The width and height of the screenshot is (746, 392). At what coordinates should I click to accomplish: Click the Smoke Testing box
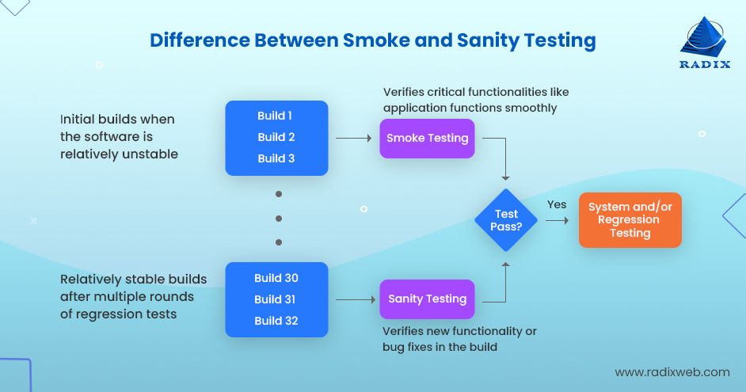point(427,138)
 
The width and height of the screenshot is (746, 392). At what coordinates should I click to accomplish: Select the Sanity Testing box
point(427,299)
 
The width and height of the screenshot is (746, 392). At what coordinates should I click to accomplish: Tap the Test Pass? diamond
point(506,220)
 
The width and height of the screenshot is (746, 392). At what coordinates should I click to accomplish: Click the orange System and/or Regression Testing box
point(630,220)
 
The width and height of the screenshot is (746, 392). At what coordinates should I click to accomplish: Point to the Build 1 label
point(275,116)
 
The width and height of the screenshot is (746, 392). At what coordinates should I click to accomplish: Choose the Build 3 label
point(276,158)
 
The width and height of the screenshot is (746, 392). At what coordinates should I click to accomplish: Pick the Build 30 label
point(276,278)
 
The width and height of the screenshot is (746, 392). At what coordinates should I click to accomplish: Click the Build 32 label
point(276,321)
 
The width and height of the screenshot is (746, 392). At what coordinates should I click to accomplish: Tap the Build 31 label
point(275,299)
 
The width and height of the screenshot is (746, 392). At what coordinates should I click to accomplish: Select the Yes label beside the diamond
point(557,204)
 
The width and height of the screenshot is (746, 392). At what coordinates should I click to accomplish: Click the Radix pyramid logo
point(704,36)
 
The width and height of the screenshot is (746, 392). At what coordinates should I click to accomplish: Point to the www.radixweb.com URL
point(672,372)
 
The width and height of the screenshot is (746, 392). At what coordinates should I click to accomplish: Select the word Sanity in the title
point(488,41)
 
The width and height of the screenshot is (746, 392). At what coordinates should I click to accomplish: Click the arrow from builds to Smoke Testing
point(353,138)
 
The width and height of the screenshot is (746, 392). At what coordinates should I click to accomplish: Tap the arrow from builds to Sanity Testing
point(356,299)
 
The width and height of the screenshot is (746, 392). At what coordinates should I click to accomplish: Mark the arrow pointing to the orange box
point(557,220)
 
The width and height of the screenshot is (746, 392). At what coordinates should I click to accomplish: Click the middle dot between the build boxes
point(279,219)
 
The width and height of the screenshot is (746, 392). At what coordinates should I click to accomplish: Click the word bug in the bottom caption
point(393,348)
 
